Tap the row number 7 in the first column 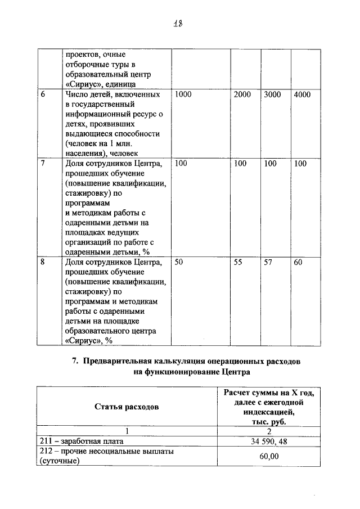(43, 164)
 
